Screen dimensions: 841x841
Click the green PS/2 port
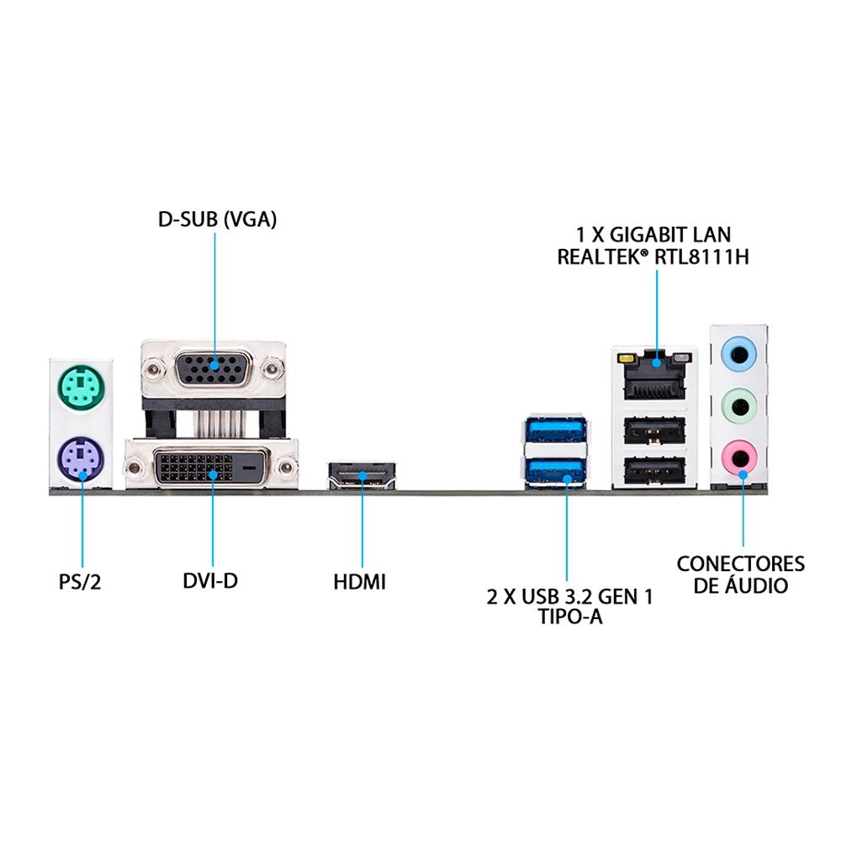[81, 387]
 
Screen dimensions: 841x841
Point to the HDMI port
[362, 474]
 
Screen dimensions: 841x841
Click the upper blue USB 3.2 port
[556, 430]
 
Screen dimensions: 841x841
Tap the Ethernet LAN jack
[655, 374]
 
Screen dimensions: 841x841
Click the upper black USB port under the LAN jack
[655, 430]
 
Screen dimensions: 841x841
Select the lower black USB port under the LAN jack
[655, 470]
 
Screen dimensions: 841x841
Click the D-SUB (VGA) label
[217, 220]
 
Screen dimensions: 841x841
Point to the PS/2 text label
[80, 582]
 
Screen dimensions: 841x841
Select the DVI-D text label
[210, 581]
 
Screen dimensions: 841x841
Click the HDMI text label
[359, 582]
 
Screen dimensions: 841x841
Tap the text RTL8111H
[701, 257]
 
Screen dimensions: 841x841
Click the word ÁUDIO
[756, 584]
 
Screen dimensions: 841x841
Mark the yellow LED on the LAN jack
[625, 357]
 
